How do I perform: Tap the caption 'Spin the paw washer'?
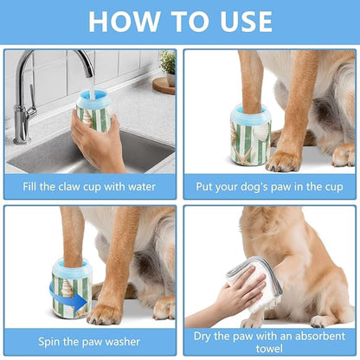click(x=90, y=341)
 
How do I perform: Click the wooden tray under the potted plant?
click(x=163, y=84)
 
